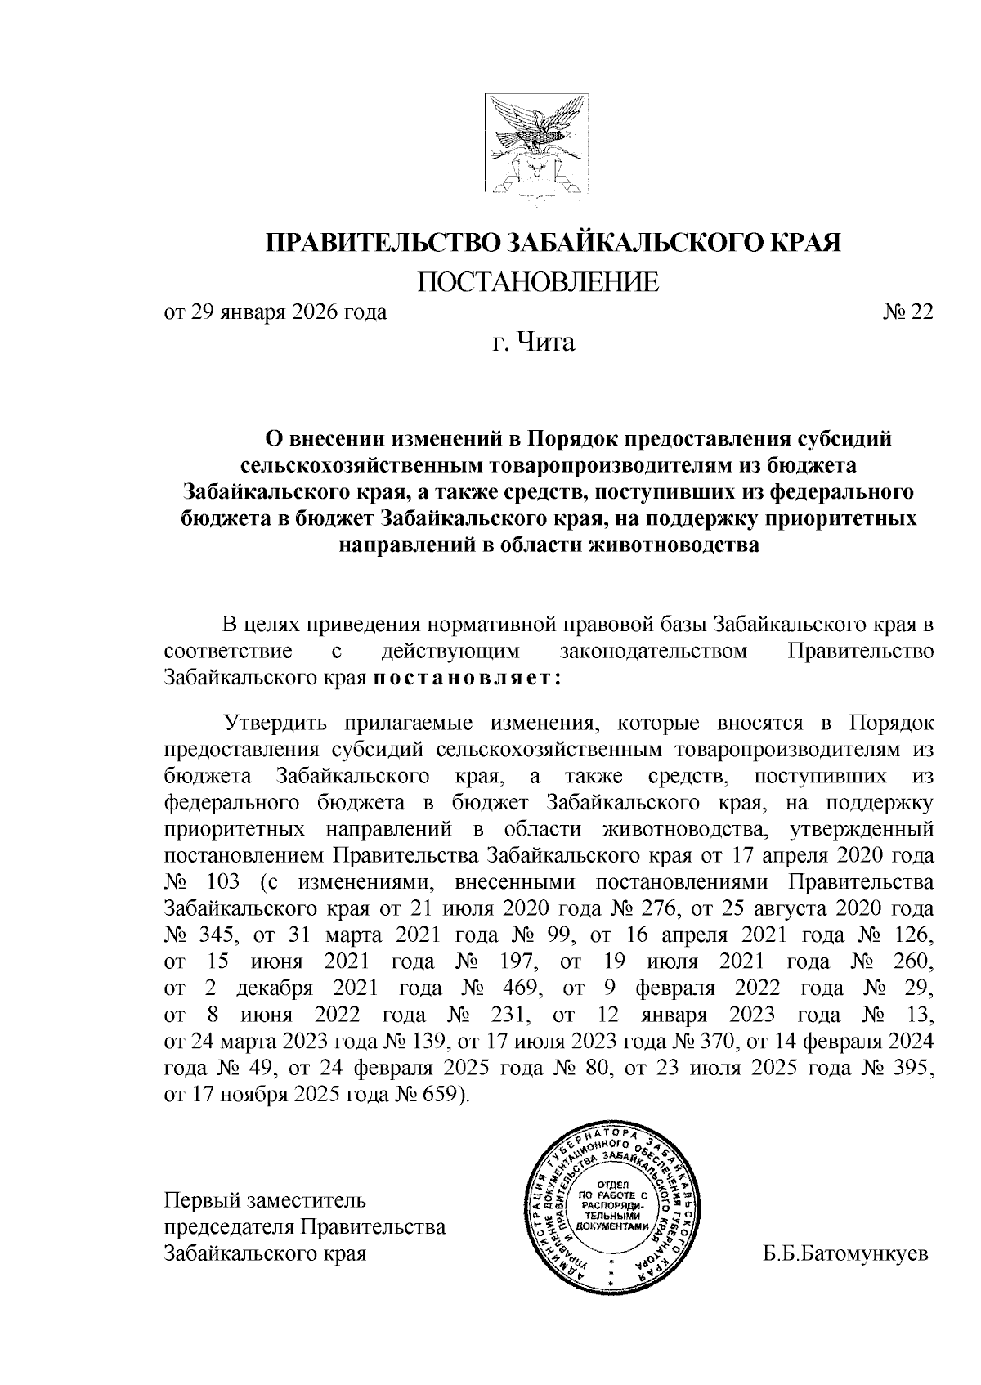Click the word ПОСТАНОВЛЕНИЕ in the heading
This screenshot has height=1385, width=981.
[539, 282]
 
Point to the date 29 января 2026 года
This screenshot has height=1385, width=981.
[288, 312]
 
